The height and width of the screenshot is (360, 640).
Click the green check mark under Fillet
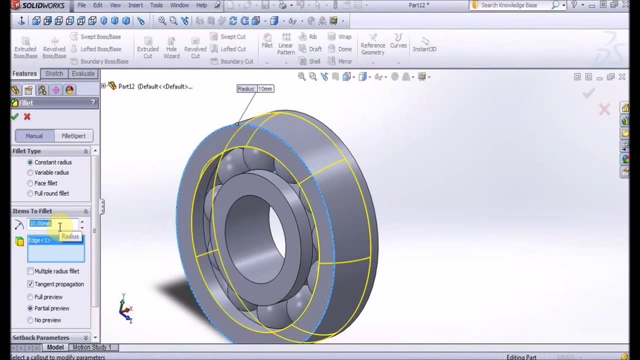14,116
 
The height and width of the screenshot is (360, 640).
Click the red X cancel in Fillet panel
27,116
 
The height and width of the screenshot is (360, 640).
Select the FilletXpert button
73,136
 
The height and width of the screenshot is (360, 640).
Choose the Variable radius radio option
30,172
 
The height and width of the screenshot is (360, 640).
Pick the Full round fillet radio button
30,193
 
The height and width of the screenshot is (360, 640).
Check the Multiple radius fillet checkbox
30,271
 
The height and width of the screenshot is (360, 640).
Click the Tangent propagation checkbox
30,284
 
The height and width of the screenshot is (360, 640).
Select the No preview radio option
30,320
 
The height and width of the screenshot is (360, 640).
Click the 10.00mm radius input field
52,223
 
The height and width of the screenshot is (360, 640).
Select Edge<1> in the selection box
39,240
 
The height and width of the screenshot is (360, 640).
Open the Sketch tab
54,73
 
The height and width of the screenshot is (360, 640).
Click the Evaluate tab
83,73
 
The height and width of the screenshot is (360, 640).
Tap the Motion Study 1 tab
92,347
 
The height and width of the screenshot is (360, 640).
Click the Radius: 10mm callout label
255,88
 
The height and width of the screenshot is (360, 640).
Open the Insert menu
135,5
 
